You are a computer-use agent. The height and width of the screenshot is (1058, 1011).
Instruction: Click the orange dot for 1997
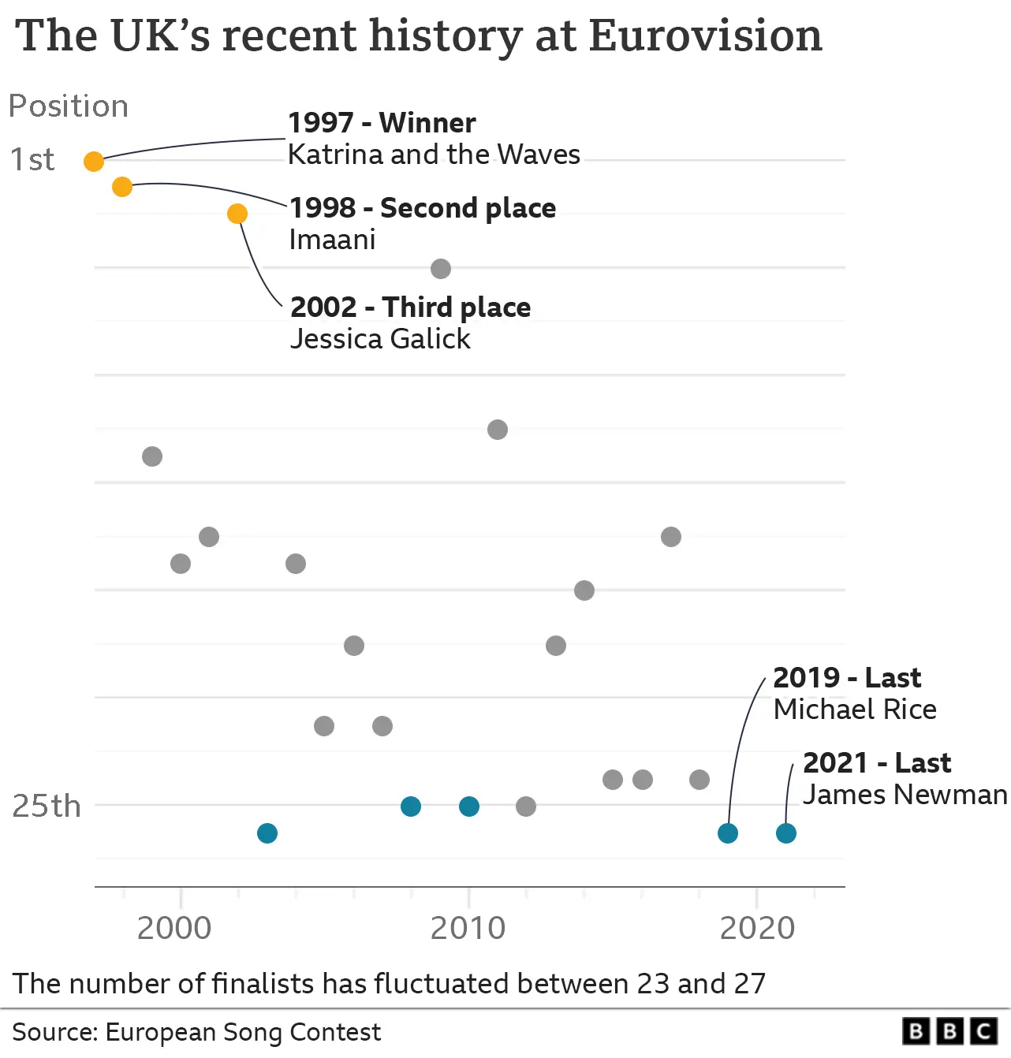coord(94,162)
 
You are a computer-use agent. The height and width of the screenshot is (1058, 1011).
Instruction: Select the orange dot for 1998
coord(122,187)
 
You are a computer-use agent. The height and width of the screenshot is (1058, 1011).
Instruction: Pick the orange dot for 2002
coord(237,214)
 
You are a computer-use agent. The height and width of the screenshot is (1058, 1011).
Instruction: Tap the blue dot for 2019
coord(728,833)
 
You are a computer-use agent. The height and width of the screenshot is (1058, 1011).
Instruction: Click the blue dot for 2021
coord(786,833)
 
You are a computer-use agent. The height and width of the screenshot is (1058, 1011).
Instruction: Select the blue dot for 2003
coord(267,833)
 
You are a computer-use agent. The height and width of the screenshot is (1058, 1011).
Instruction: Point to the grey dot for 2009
coord(441,269)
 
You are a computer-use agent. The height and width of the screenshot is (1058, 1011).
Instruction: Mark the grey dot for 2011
coord(498,430)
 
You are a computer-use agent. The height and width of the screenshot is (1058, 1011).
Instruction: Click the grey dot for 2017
coord(671,537)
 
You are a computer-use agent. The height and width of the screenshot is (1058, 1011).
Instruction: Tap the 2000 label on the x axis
coord(174,929)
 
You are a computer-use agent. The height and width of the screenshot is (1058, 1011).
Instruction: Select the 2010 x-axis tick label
coord(468,929)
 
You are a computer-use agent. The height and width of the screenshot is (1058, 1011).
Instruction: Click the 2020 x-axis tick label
coord(757,929)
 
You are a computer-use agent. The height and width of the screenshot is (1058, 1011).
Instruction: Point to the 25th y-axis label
coord(47,807)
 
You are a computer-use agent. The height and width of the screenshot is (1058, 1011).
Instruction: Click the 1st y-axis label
coord(32,160)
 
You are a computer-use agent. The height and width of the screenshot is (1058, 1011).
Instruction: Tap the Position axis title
coord(69,106)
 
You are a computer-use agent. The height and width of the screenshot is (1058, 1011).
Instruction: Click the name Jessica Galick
coord(380,339)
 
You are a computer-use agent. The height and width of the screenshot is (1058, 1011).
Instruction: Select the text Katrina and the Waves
coord(434,155)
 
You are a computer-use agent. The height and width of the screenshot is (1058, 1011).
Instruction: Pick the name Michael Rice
coord(855,710)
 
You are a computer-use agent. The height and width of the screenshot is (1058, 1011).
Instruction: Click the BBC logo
coord(950,1031)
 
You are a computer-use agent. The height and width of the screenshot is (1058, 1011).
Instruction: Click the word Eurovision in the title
coord(705,36)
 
